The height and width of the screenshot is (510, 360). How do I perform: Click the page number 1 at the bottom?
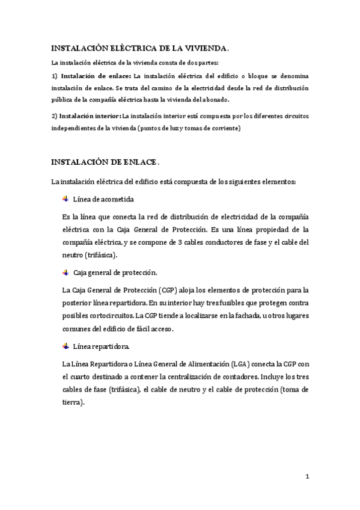tap(307, 478)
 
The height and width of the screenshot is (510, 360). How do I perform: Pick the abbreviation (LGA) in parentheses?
tap(238, 364)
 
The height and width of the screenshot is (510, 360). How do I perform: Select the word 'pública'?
tap(62, 99)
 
